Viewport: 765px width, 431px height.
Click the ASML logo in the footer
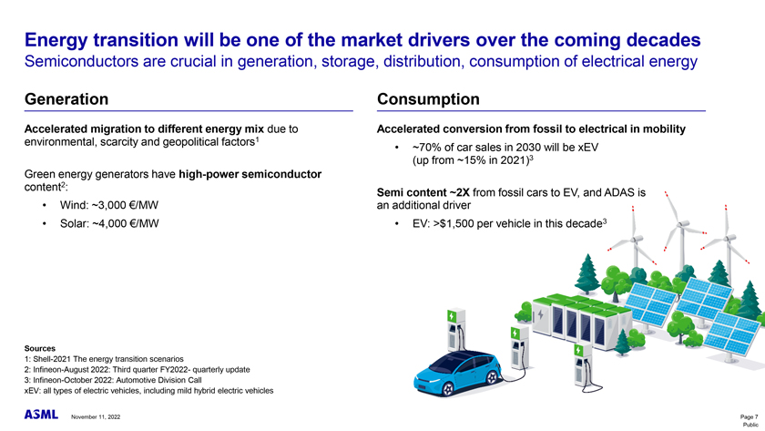(41, 415)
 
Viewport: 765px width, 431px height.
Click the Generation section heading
(66, 99)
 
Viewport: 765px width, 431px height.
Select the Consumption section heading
(428, 99)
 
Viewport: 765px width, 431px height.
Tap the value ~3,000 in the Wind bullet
(108, 206)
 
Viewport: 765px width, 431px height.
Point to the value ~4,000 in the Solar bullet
(109, 223)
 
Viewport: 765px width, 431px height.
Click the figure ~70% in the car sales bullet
(426, 148)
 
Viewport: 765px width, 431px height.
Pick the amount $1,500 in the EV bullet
(456, 223)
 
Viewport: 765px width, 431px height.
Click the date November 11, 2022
(96, 416)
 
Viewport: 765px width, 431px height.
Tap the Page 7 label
(749, 416)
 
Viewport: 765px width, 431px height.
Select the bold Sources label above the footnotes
(40, 348)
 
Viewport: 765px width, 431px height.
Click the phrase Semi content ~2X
(423, 193)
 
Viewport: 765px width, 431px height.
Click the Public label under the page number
(750, 426)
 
